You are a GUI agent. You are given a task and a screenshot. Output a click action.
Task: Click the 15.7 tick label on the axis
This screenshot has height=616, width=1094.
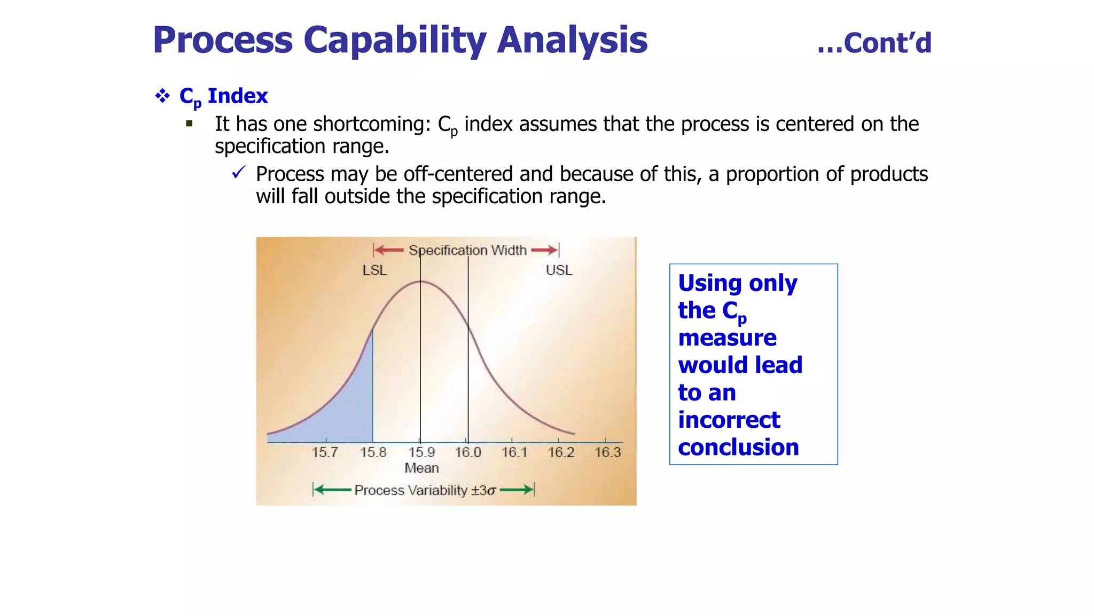point(325,452)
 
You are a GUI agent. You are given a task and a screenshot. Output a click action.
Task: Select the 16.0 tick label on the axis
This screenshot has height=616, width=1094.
point(468,452)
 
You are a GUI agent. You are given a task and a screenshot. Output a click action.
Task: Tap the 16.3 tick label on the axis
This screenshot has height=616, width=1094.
point(608,452)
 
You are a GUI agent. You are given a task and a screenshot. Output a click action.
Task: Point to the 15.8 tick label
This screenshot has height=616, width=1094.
point(373,452)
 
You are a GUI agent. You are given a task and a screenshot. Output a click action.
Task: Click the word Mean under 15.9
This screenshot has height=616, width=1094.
point(421,468)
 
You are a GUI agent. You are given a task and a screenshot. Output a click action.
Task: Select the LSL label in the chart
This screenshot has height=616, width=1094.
point(374,270)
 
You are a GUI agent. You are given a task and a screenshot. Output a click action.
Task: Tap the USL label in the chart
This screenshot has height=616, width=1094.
point(559,270)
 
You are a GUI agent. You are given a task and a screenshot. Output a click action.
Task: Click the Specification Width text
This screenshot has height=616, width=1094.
point(467,250)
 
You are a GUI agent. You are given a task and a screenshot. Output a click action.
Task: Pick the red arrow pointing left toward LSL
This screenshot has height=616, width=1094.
point(389,250)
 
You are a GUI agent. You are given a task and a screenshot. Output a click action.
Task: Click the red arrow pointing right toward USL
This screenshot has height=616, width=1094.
point(544,250)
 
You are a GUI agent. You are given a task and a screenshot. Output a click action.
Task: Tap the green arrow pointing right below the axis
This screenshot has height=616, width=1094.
point(517,489)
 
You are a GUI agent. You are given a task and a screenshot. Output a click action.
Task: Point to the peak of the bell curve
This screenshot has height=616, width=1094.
point(421,281)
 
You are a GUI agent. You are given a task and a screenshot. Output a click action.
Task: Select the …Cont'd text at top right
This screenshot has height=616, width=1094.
point(874,43)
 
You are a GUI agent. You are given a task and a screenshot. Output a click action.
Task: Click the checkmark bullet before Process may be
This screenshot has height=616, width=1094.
point(238,173)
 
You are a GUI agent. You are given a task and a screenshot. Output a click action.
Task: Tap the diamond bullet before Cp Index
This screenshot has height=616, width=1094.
point(162,96)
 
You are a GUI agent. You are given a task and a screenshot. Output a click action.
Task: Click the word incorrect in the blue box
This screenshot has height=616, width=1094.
point(729,420)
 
